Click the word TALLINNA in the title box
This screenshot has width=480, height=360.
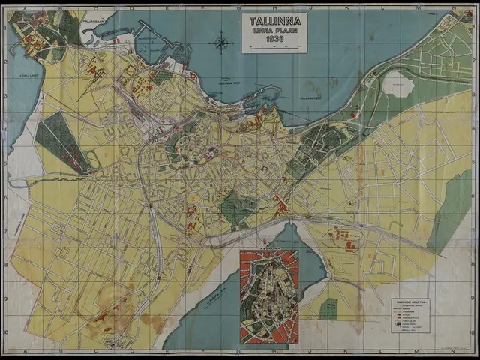274,20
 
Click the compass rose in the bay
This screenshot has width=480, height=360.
221,43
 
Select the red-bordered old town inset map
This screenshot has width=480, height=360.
268,296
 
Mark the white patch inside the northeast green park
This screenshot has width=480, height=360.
397,84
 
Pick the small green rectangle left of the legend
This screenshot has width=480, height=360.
328,308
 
